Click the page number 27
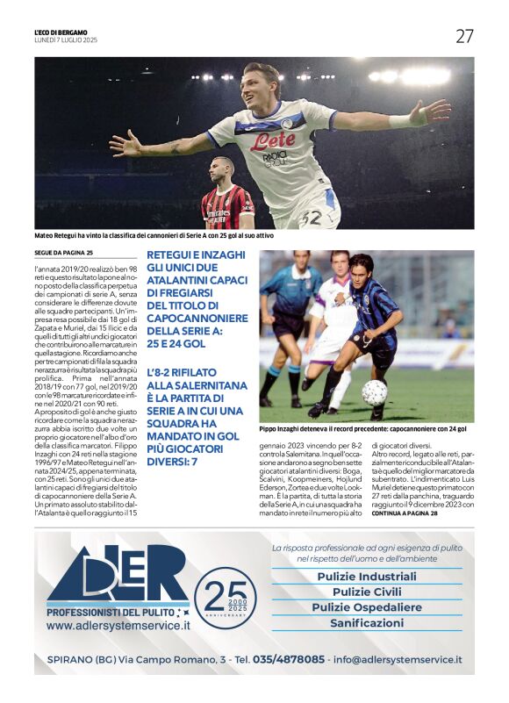point(464,36)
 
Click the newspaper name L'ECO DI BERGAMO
point(61,32)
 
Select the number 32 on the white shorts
point(309,216)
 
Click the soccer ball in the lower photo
point(375,391)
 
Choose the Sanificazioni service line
point(367,623)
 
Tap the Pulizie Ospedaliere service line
point(367,607)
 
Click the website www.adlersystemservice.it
point(118,626)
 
